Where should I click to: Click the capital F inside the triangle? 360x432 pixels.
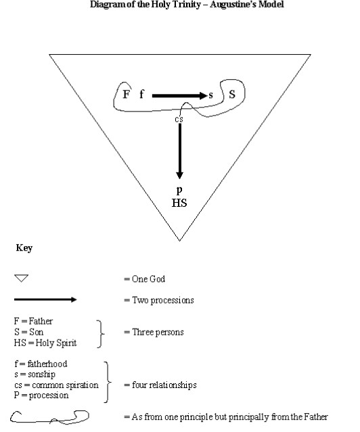[x=126, y=94]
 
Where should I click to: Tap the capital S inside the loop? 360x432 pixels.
[x=232, y=94]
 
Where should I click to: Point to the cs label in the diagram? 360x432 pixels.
[x=179, y=119]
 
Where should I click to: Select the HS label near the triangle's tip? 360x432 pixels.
[x=179, y=203]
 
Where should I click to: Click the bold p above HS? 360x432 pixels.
[x=179, y=190]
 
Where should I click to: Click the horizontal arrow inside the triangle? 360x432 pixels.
[x=179, y=95]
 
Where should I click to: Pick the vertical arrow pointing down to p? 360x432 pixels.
[x=179, y=151]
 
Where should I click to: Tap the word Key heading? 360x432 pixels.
[x=24, y=248]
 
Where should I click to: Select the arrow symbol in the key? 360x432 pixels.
[x=45, y=299]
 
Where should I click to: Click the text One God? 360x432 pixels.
[x=148, y=279]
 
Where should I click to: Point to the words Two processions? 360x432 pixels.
[x=163, y=300]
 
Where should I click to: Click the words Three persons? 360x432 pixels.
[x=158, y=332]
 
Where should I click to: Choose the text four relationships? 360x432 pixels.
[x=164, y=385]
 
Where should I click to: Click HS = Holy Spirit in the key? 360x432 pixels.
[x=45, y=343]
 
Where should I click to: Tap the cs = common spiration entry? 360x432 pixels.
[x=56, y=385]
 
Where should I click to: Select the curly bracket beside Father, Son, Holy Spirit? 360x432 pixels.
[x=101, y=334]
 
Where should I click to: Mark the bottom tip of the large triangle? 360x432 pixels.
[x=179, y=241]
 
